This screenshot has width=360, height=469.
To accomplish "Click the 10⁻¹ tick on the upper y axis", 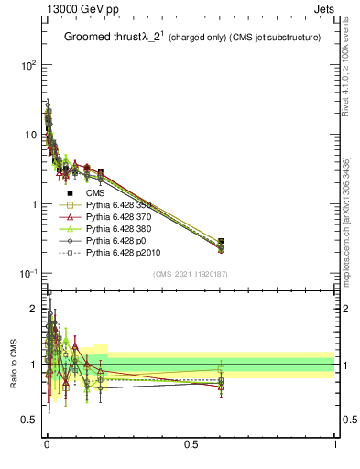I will coord(27,274).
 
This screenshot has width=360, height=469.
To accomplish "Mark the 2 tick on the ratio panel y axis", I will coord(34,308).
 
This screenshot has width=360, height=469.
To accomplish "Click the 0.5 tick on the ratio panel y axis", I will coord(30,420).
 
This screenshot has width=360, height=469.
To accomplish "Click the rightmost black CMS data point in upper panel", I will coord(221,242).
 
